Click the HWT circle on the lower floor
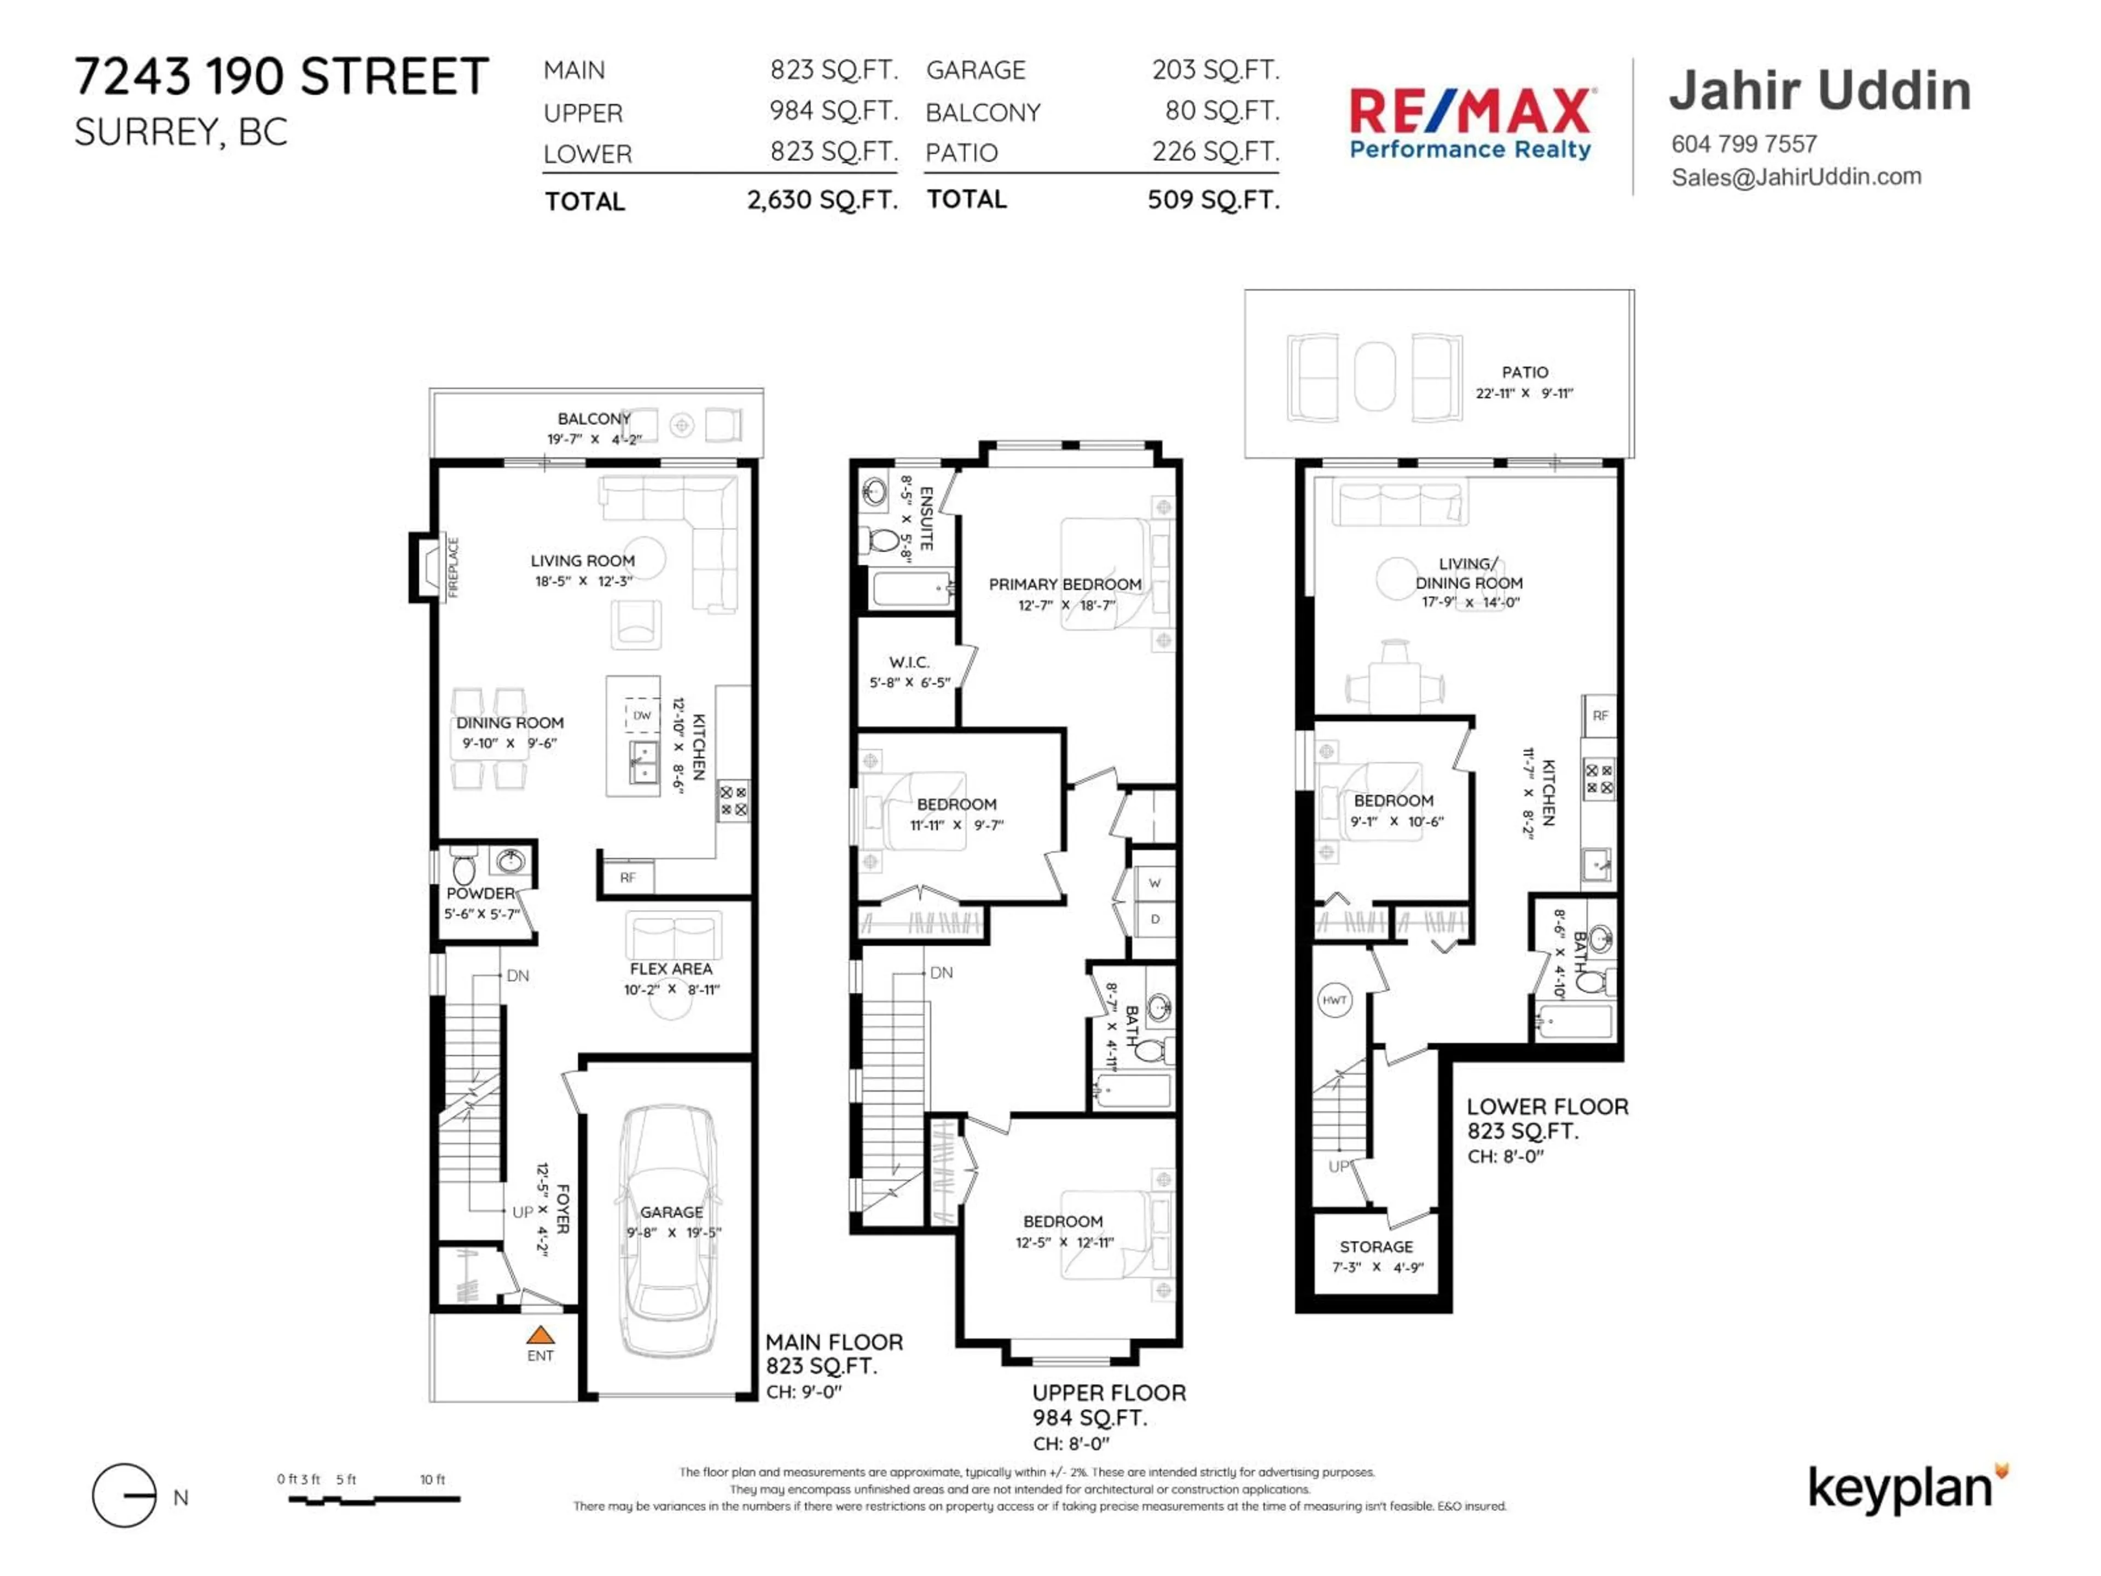click(x=1334, y=1000)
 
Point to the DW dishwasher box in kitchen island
click(x=642, y=715)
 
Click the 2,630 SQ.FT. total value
click(x=822, y=200)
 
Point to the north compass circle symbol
click(x=124, y=1496)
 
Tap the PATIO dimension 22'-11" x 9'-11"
click(x=1524, y=393)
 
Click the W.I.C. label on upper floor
click(x=909, y=662)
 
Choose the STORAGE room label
click(x=1376, y=1247)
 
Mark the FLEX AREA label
click(x=671, y=969)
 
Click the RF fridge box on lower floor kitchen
click(x=1599, y=715)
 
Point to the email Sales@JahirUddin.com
click(x=1795, y=177)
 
